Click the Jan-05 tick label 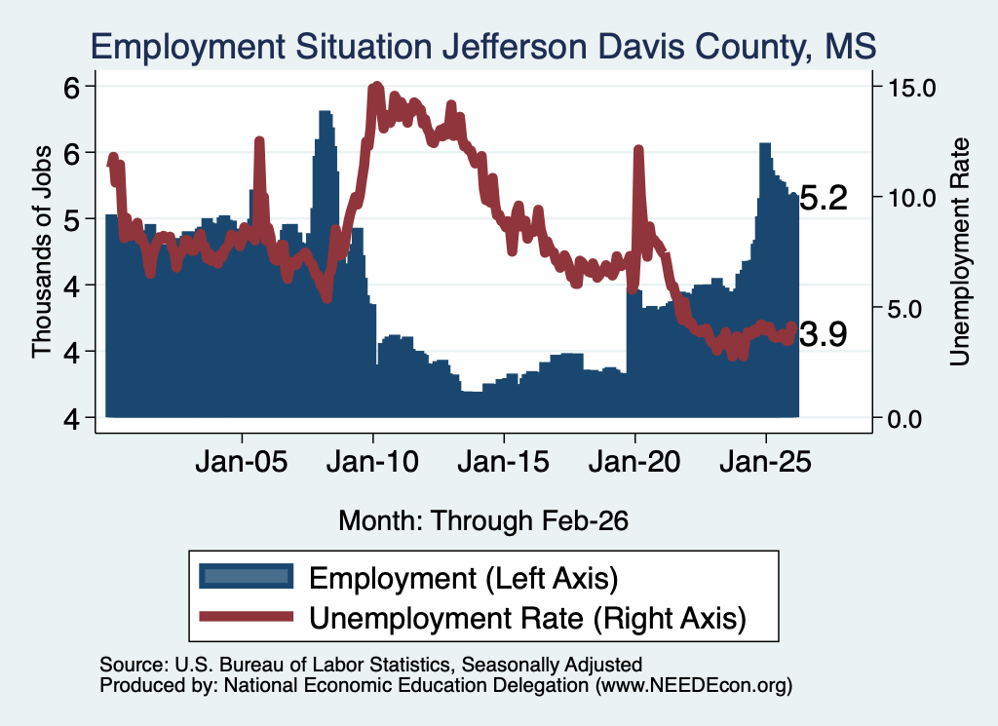pos(242,462)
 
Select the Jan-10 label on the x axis pos(372,462)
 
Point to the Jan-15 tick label pos(504,462)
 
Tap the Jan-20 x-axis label pos(634,462)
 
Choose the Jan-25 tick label pos(766,462)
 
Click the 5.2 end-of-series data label pos(823,199)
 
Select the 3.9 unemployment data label pos(823,334)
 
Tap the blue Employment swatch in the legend pos(247,577)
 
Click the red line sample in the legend pos(247,617)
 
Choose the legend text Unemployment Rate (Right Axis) pos(527,619)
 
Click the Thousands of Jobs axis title pos(42,251)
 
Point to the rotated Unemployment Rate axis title pos(960,252)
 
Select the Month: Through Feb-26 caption pos(483,520)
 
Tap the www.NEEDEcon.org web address pos(694,685)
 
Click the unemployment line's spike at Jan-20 pos(638,150)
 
